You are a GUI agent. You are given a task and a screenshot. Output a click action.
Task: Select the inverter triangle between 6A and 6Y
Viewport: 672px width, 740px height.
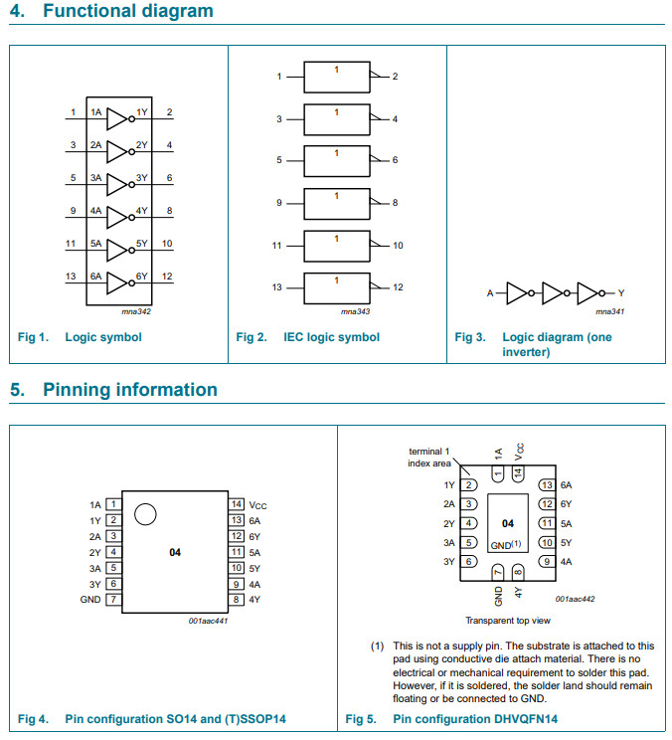(117, 281)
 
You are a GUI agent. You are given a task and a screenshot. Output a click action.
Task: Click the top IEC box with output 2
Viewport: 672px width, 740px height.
(336, 78)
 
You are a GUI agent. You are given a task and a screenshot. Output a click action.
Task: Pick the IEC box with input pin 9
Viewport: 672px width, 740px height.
(336, 203)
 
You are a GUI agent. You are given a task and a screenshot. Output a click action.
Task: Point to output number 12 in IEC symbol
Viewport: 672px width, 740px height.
(398, 287)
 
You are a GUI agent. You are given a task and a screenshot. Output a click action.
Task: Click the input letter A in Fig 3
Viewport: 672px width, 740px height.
(490, 293)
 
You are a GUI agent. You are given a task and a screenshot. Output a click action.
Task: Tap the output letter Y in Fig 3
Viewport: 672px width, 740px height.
(621, 293)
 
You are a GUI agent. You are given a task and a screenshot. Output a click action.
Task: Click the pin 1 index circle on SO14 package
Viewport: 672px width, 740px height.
(145, 513)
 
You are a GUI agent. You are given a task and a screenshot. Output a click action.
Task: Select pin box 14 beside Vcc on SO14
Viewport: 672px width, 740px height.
(237, 504)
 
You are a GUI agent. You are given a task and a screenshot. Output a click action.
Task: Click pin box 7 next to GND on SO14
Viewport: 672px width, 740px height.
(113, 600)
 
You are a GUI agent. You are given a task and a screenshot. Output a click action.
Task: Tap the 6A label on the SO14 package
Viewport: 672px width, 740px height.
(255, 520)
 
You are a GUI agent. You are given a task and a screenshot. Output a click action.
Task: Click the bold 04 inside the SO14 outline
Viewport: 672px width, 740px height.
(174, 552)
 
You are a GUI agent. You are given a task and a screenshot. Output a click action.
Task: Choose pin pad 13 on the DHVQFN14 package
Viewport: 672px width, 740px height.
(546, 485)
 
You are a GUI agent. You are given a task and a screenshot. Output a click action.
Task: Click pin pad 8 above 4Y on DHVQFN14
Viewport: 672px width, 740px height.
(518, 571)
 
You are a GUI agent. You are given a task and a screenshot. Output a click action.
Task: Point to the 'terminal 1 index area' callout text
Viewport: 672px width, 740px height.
(429, 458)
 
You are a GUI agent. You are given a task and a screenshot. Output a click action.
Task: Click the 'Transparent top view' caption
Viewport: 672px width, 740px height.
(507, 620)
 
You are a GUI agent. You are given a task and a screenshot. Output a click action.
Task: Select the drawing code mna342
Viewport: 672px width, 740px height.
(122, 311)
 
